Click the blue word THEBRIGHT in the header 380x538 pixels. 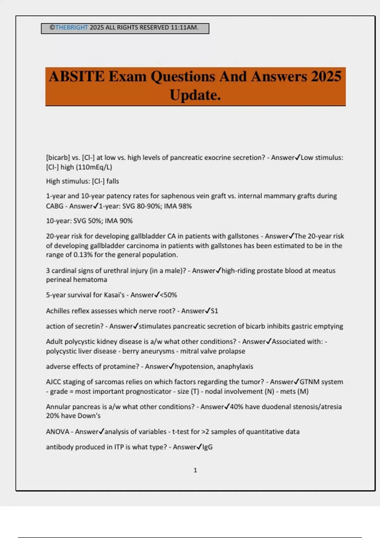[72, 28]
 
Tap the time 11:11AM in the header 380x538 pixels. [184, 28]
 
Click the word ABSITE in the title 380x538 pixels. [77, 77]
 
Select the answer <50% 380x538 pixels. [168, 295]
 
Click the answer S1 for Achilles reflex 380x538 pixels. [214, 311]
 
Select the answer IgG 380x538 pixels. [207, 447]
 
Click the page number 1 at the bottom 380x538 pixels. [195, 470]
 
